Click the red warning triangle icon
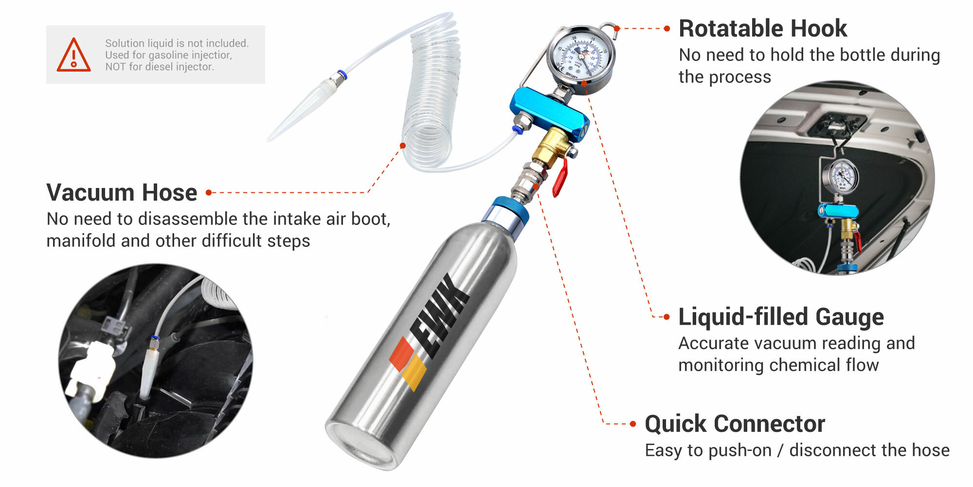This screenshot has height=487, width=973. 73,56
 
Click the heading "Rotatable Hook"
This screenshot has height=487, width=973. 762,28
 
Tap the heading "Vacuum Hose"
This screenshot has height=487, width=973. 122,192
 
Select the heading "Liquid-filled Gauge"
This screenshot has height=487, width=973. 781,317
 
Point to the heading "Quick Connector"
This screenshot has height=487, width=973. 735,424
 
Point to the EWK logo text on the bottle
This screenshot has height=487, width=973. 440,317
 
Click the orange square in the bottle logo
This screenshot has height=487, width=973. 401,353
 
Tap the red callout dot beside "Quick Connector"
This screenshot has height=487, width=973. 633,424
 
